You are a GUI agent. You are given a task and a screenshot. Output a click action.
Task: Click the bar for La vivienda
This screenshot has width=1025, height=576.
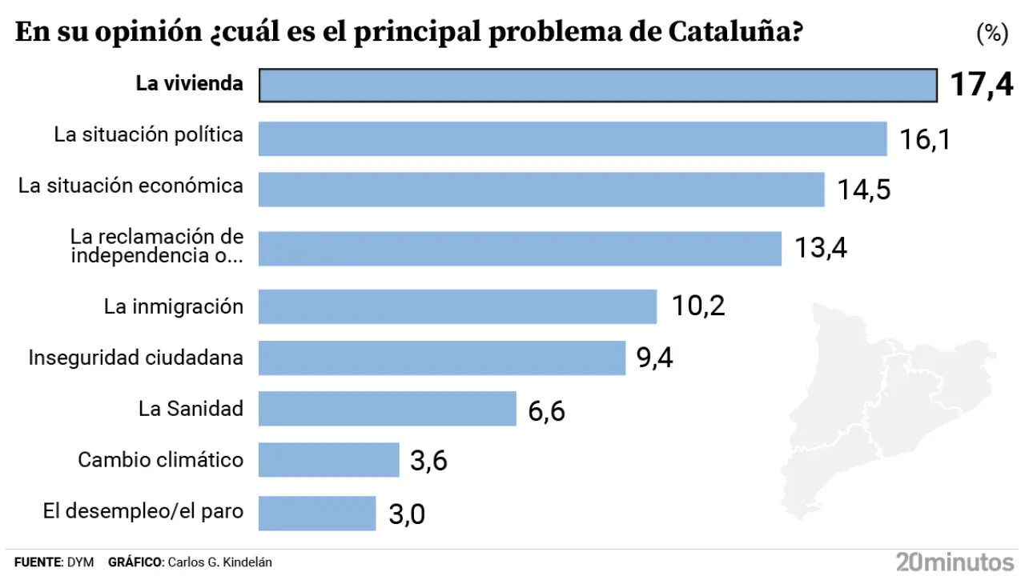pyautogui.click(x=597, y=85)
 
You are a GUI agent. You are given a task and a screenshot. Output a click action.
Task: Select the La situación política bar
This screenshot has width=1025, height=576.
pyautogui.click(x=573, y=138)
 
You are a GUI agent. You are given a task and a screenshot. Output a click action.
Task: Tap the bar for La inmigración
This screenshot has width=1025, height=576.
pyautogui.click(x=457, y=306)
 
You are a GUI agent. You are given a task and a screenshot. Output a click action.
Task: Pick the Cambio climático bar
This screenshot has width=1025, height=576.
pyautogui.click(x=328, y=460)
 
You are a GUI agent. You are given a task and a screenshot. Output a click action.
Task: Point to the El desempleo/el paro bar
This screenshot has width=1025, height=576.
pyautogui.click(x=317, y=513)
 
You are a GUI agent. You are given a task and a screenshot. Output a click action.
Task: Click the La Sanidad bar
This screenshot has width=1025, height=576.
pyautogui.click(x=387, y=409)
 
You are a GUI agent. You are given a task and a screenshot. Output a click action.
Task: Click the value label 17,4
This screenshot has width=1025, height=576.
pyautogui.click(x=981, y=84)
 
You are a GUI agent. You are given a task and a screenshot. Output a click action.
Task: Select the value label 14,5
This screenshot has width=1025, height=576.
pyautogui.click(x=864, y=190)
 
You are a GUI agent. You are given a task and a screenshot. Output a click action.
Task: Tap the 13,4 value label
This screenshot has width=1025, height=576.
pyautogui.click(x=821, y=248)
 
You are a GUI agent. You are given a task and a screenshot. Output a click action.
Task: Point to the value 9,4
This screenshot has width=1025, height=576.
pyautogui.click(x=654, y=358)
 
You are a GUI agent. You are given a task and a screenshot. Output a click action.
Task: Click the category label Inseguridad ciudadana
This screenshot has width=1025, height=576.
pyautogui.click(x=135, y=357)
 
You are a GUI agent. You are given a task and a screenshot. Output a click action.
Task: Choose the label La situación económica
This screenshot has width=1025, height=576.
pyautogui.click(x=131, y=186)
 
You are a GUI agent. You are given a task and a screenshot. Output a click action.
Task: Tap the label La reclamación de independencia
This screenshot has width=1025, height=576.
pyautogui.click(x=156, y=246)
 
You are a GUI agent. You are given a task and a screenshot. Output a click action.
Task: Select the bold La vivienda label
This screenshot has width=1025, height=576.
pyautogui.click(x=189, y=83)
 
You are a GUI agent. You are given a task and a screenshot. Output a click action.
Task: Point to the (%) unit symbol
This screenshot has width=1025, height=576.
pyautogui.click(x=991, y=34)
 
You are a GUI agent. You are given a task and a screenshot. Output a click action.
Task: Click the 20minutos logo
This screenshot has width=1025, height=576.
pyautogui.click(x=955, y=561)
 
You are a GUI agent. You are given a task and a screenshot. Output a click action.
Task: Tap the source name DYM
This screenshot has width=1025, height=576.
pyautogui.click(x=82, y=562)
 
